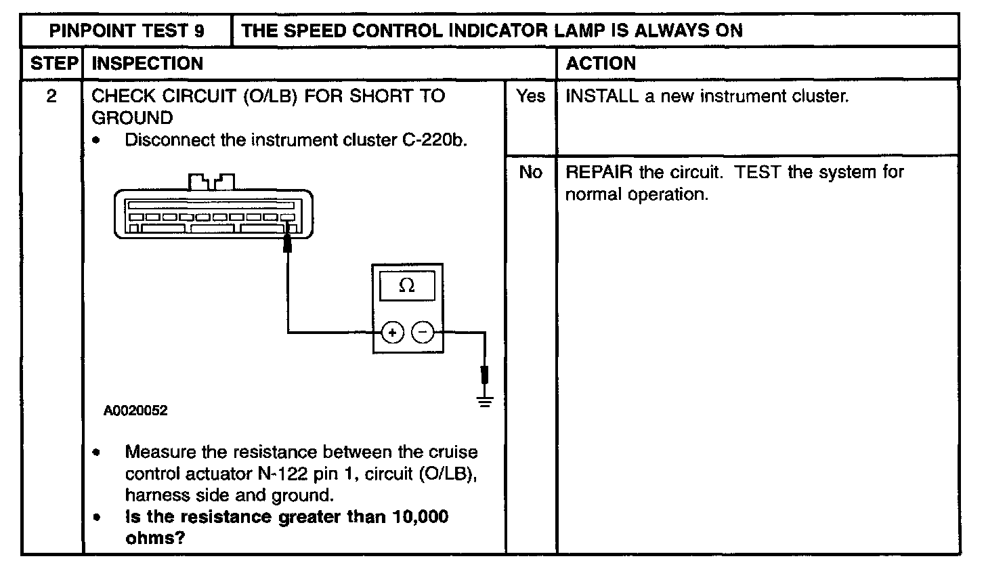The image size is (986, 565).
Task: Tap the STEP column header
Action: [51, 64]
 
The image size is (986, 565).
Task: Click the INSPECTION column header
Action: [147, 64]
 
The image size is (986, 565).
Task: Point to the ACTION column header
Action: [601, 64]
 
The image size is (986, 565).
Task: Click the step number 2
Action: [51, 96]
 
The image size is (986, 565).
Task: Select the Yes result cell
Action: [530, 97]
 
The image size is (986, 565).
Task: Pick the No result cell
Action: [530, 173]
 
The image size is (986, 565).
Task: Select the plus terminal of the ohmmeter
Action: [393, 333]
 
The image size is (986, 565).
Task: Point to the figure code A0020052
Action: [135, 411]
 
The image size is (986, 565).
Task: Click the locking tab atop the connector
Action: [212, 182]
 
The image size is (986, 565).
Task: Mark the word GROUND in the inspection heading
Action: [132, 118]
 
